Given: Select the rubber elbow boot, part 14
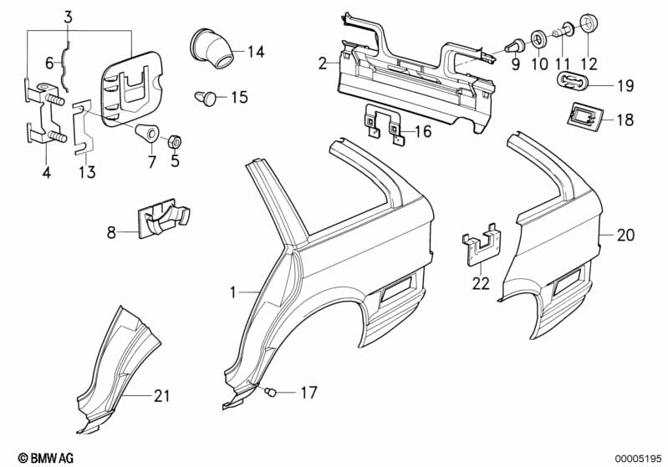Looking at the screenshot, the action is [211, 48].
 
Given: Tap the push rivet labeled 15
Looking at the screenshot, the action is [206, 98].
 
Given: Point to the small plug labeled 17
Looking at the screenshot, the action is [271, 392].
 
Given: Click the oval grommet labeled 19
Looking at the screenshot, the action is [572, 80].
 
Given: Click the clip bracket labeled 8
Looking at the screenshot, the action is [163, 217].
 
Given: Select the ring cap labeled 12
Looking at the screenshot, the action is [589, 24].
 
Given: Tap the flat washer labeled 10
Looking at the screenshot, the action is [539, 39].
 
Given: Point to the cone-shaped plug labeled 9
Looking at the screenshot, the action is [514, 45].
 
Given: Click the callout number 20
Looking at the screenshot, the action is [625, 235].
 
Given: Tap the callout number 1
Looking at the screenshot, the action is [232, 292].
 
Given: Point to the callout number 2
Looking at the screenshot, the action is [323, 63].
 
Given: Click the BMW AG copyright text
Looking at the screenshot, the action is [46, 458].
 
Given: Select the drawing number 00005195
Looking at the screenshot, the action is [638, 459].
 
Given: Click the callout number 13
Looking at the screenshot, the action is [87, 172].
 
